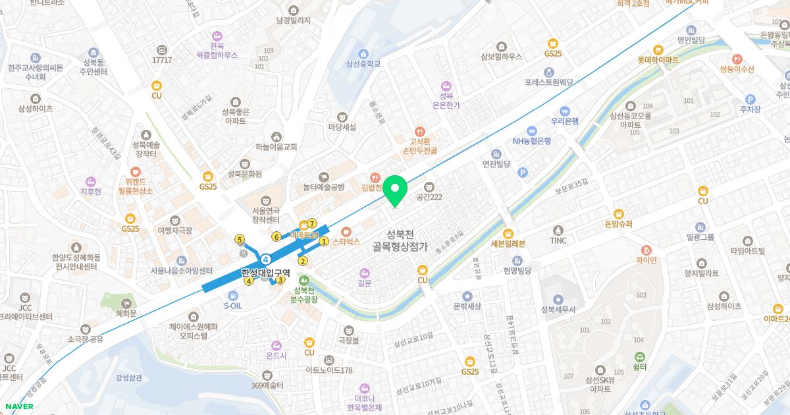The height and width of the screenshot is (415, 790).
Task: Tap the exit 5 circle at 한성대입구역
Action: pyautogui.click(x=240, y=239)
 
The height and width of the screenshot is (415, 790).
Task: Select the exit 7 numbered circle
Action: pyautogui.click(x=312, y=223)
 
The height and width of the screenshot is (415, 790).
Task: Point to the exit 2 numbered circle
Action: pyautogui.click(x=303, y=261)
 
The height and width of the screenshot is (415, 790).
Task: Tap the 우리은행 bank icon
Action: pyautogui.click(x=564, y=110)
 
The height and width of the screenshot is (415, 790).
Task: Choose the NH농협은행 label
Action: pyautogui.click(x=532, y=140)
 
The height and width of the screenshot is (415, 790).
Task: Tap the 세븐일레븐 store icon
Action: pyautogui.click(x=508, y=233)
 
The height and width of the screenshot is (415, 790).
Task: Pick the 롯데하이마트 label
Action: pyautogui.click(x=658, y=59)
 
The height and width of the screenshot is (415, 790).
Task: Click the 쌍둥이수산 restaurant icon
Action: pyautogui.click(x=737, y=58)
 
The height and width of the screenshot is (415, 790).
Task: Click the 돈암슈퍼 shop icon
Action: pyautogui.click(x=618, y=213)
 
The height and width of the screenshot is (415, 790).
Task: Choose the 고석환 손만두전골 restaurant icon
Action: pyautogui.click(x=421, y=131)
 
